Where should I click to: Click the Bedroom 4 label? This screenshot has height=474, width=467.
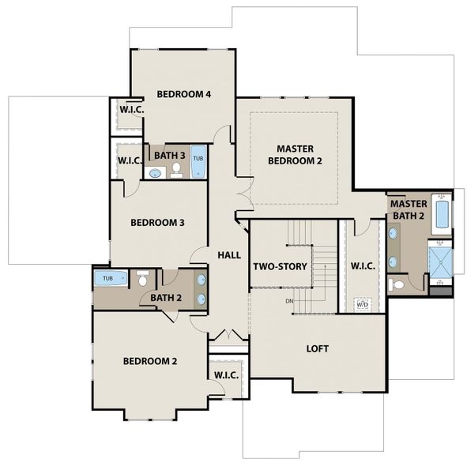[x=183, y=94]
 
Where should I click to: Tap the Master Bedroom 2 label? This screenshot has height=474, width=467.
[x=295, y=155]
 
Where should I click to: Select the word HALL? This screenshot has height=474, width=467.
[x=229, y=255]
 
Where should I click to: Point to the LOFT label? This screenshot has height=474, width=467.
[x=318, y=348]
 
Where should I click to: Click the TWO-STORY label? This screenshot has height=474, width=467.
[x=280, y=266]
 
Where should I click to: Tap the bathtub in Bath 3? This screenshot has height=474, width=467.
[x=198, y=162]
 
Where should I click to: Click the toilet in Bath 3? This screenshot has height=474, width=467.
[x=176, y=170]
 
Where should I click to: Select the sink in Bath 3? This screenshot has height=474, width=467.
[x=155, y=173]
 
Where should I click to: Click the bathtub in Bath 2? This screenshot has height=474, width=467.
[x=111, y=278]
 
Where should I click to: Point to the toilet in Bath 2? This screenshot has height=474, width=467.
[x=142, y=278]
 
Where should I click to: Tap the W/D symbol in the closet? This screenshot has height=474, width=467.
[x=362, y=304]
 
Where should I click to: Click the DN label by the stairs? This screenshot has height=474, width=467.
[x=289, y=301]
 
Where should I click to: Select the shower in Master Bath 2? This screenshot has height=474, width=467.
[x=441, y=262]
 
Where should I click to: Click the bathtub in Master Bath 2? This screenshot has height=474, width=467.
[x=442, y=214]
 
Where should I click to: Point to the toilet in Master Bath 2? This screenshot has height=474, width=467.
[x=396, y=284]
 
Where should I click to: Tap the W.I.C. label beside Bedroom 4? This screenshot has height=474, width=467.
[x=132, y=110]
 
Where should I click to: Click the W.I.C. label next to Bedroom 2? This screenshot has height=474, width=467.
[x=226, y=375]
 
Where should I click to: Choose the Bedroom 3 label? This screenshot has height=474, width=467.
[x=157, y=223]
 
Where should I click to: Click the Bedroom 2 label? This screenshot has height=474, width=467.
[x=150, y=361]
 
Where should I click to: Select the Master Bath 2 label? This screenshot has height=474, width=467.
[x=409, y=210]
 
